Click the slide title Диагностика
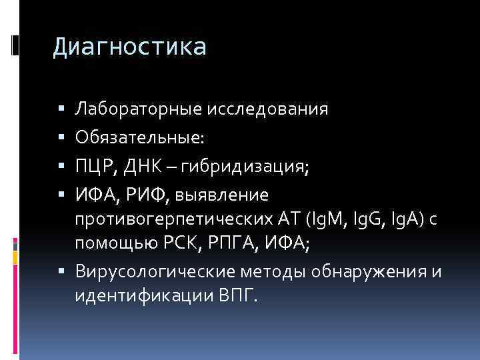click(x=130, y=47)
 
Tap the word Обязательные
click(x=140, y=137)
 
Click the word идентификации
click(x=143, y=295)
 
